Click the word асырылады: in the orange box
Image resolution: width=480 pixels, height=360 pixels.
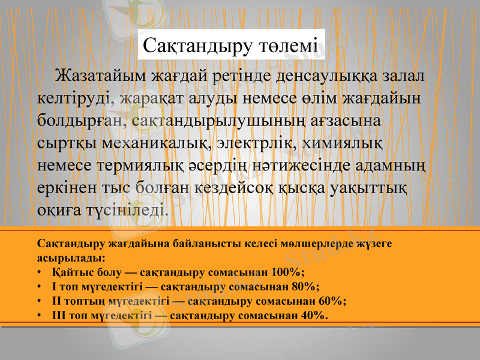[x=71, y=258]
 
